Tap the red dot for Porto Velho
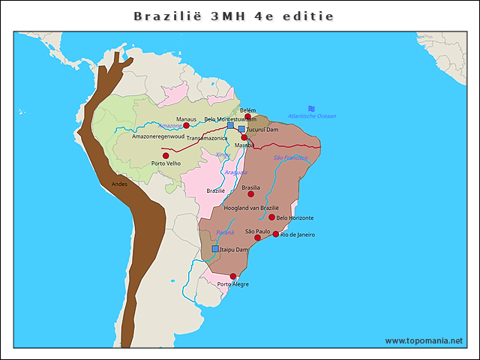tap(166, 155)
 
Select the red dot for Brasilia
tap(251, 193)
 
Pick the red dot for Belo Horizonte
tap(272, 217)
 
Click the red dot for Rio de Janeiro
tap(276, 234)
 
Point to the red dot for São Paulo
tap(258, 238)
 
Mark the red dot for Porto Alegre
tap(233, 276)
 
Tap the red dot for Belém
tap(247, 116)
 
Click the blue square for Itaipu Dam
tap(215, 248)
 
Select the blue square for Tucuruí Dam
tap(241, 129)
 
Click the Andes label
tap(119, 184)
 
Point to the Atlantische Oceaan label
tap(312, 116)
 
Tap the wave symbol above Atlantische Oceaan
tap(311, 108)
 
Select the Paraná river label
tap(225, 232)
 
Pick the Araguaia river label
tap(235, 172)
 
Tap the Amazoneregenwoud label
tap(157, 136)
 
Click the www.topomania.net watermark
tap(424, 340)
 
